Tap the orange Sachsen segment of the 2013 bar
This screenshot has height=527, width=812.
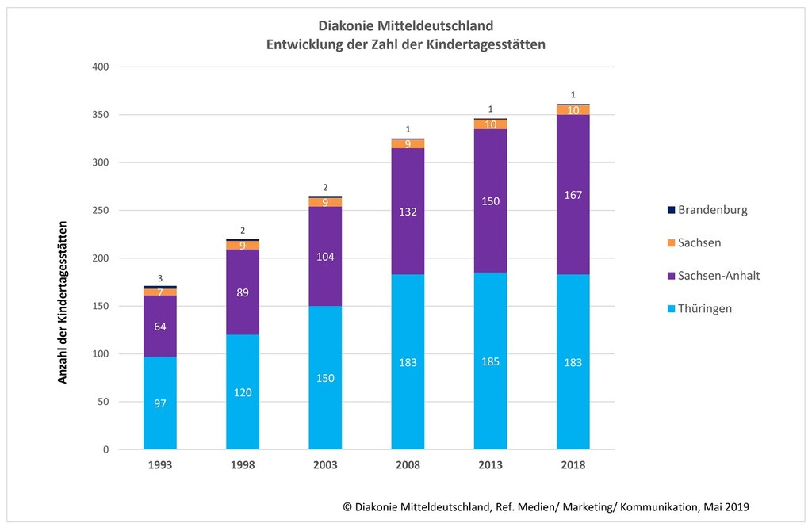490,124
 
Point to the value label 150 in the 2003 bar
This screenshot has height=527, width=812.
325,378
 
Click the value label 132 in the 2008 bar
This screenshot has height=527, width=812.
408,212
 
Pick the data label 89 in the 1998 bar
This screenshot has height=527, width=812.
243,292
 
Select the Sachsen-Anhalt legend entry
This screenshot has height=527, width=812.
711,276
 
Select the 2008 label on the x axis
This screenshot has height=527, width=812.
408,465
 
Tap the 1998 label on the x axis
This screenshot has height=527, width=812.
243,465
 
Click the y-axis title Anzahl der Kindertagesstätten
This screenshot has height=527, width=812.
63,302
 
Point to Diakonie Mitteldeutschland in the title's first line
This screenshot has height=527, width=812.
405,27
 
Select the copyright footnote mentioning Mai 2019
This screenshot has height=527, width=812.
546,506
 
